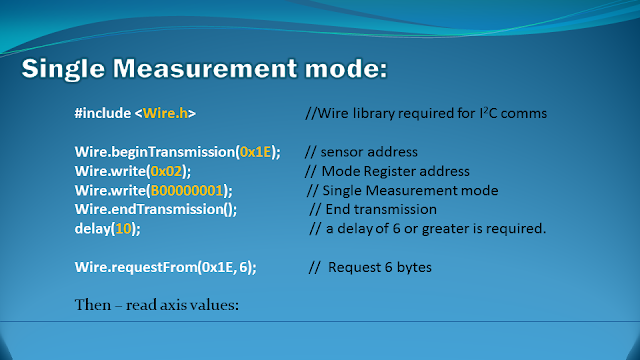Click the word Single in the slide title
[x=63, y=69]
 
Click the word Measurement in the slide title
[x=205, y=68]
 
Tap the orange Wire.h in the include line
[x=165, y=113]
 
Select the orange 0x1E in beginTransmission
[x=256, y=152]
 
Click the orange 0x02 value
[x=166, y=171]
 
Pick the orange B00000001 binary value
[x=187, y=190]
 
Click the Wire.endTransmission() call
[x=156, y=209]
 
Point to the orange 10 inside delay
[x=123, y=229]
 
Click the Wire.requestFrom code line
[x=165, y=267]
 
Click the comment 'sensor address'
[x=369, y=152]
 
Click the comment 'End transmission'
[x=381, y=209]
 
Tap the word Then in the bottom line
[x=93, y=305]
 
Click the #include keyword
[x=103, y=113]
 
